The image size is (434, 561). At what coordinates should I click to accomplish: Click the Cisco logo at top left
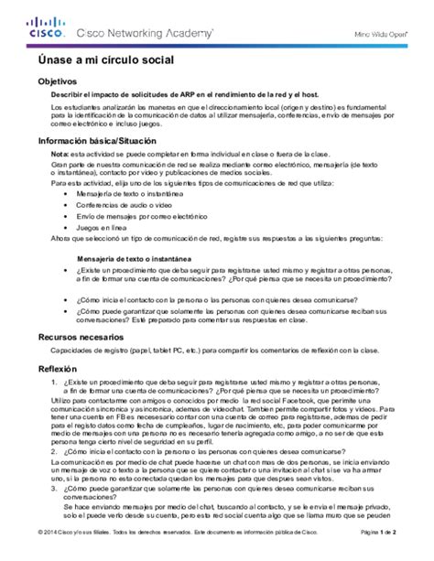point(45,28)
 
